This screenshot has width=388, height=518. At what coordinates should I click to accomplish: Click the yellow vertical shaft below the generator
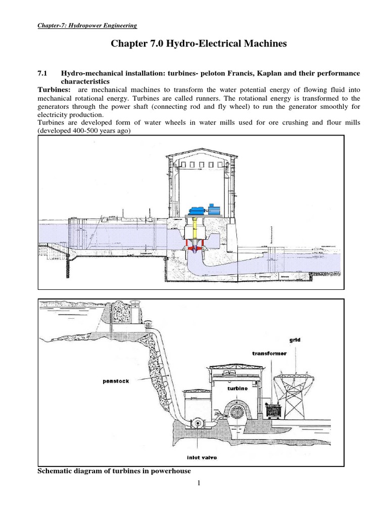click(193, 229)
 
